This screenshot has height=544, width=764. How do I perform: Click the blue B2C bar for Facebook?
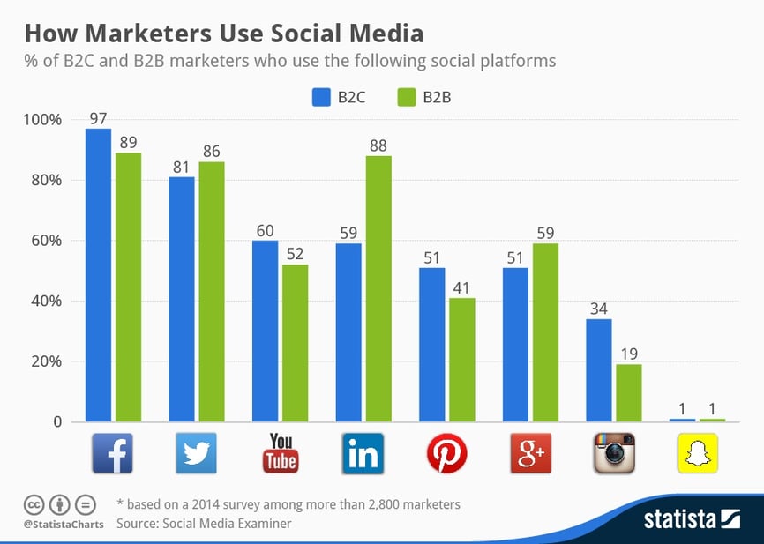tap(98, 275)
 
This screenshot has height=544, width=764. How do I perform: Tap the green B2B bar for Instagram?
tap(629, 392)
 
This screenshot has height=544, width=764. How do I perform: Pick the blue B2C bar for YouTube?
tap(266, 331)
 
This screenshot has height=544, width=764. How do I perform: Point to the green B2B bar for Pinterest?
tap(462, 360)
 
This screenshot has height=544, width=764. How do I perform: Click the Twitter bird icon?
tap(197, 452)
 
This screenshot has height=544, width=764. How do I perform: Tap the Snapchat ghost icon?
tap(698, 452)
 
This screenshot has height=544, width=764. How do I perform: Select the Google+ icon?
tap(531, 452)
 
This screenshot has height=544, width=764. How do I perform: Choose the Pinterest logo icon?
tap(447, 452)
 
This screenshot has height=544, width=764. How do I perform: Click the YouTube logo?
tap(281, 452)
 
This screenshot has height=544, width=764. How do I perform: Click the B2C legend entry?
tap(339, 98)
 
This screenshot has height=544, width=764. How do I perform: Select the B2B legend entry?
tap(425, 98)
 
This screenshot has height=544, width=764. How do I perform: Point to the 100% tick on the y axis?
tap(43, 120)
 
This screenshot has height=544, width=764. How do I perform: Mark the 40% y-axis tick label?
tap(47, 302)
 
